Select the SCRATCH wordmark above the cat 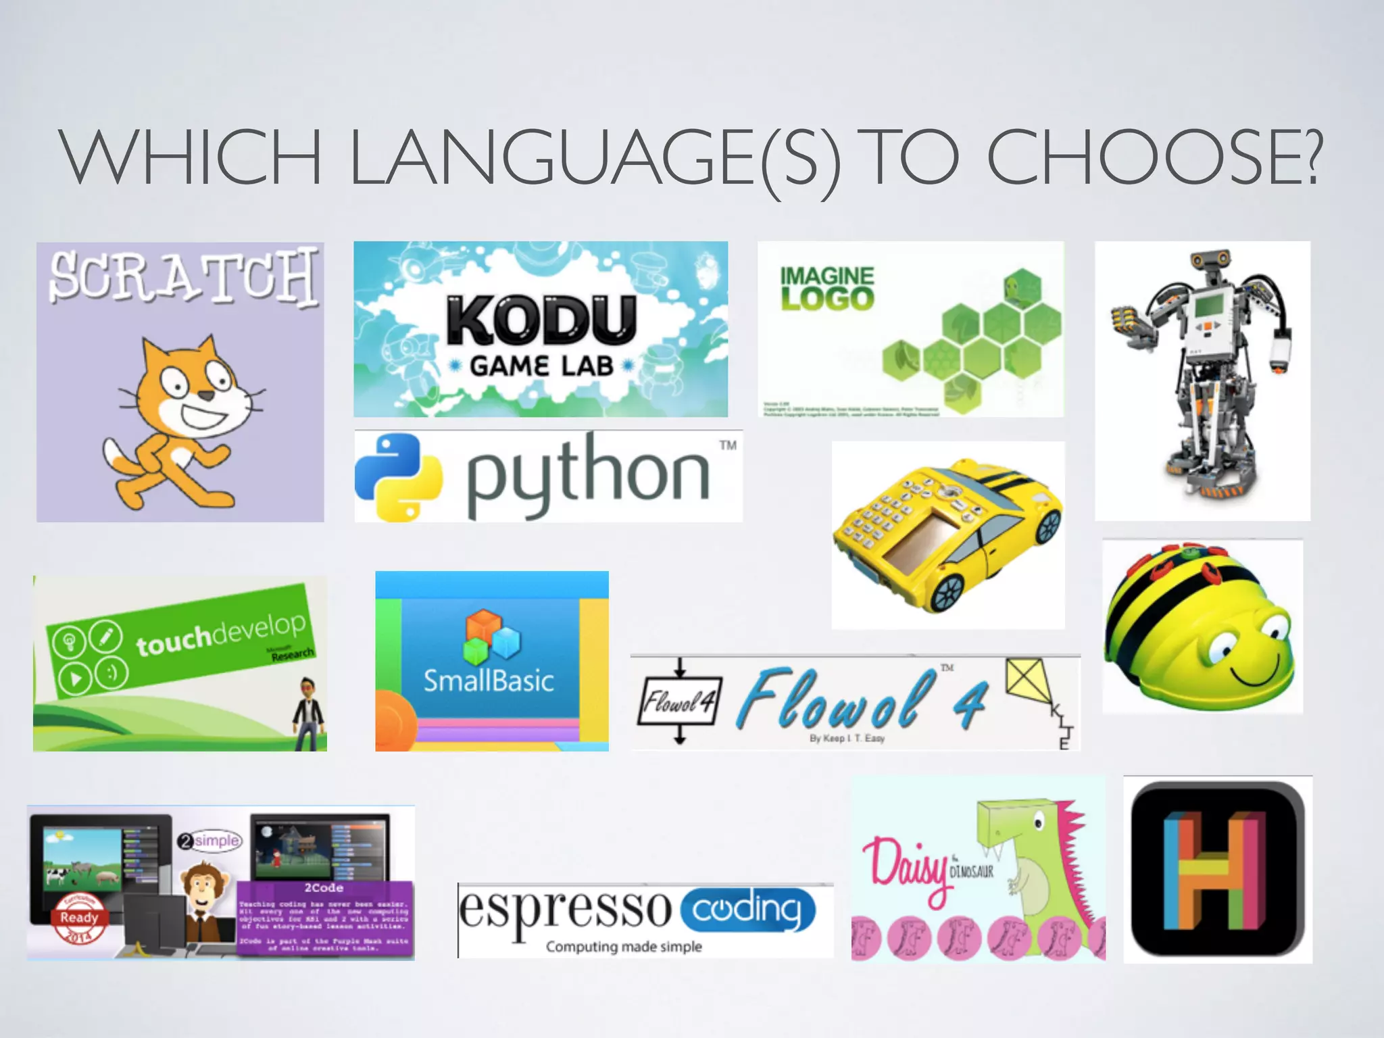[182, 276]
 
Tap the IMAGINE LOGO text [827, 288]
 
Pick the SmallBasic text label [489, 681]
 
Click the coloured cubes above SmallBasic [491, 635]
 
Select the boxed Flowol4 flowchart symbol [678, 701]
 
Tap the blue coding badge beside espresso [747, 910]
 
